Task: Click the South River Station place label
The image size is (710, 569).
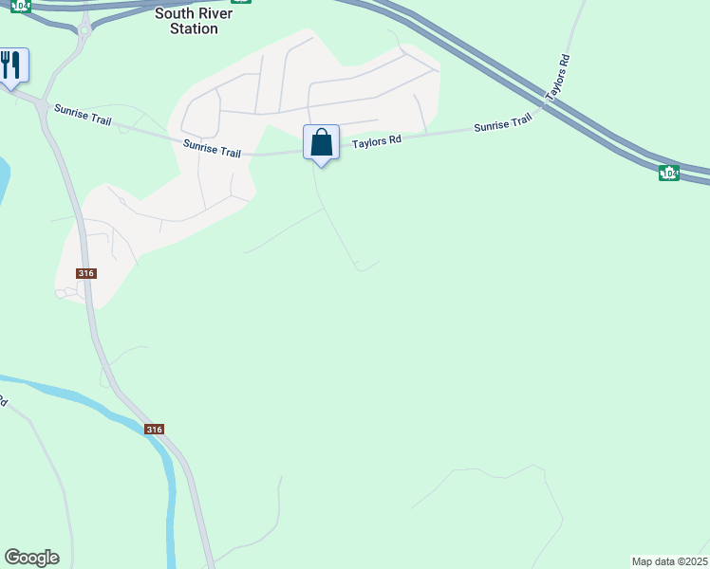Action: pos(187,21)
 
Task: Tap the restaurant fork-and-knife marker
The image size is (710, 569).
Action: pos(11,66)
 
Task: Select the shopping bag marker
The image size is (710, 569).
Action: pos(322,143)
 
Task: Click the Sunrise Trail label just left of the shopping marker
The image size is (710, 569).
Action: pos(213,148)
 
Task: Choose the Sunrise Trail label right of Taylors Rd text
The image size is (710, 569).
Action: pos(502,124)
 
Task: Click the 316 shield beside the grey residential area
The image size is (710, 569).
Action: pos(86,273)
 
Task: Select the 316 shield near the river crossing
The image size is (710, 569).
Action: pos(155,430)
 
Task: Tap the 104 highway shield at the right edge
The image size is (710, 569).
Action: pos(669,173)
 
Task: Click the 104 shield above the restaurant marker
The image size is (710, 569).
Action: pos(21,5)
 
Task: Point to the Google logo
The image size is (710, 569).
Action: pos(31,558)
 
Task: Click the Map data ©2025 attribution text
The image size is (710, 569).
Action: pos(669,561)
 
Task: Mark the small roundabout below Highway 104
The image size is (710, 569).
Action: pos(84,30)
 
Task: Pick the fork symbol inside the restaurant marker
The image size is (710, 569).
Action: pos(6,64)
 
